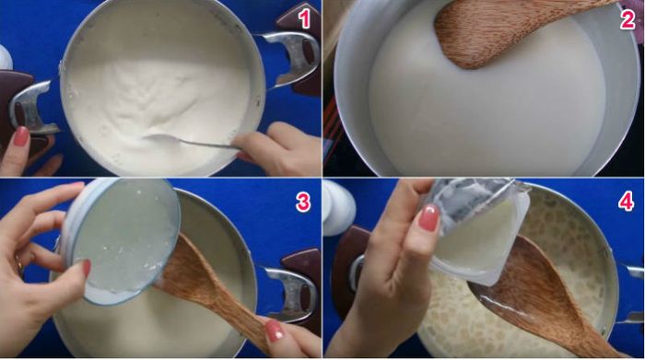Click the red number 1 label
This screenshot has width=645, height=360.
click(x=303, y=19)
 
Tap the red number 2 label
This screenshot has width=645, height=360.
click(x=627, y=19)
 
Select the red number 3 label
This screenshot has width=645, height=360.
click(x=303, y=202)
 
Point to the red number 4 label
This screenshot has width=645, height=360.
click(x=626, y=202)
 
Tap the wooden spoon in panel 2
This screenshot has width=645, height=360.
click(x=506, y=30)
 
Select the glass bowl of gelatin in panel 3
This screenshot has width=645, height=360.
click(x=122, y=240)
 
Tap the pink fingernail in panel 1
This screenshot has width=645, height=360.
click(x=21, y=136)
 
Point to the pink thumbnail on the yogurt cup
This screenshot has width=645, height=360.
click(x=429, y=217)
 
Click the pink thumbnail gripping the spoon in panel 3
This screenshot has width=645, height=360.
click(x=275, y=331)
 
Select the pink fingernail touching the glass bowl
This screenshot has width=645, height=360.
click(x=87, y=268)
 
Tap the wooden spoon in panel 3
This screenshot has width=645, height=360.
click(x=214, y=287)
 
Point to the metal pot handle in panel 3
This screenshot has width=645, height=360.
click(x=290, y=294)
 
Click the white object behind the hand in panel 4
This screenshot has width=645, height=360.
click(x=339, y=207)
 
